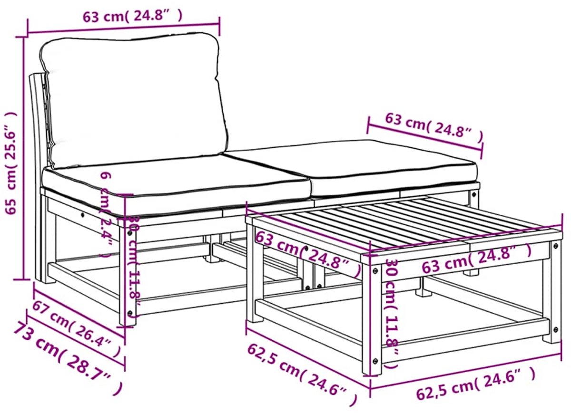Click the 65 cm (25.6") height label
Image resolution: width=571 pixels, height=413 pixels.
click(x=11, y=163)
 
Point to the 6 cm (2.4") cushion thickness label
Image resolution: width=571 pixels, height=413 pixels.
click(x=107, y=215)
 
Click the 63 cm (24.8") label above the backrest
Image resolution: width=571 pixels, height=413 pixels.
click(x=133, y=17)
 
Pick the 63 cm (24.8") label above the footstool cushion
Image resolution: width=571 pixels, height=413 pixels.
click(x=434, y=129)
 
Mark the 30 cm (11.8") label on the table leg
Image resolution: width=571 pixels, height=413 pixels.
click(x=392, y=313)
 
